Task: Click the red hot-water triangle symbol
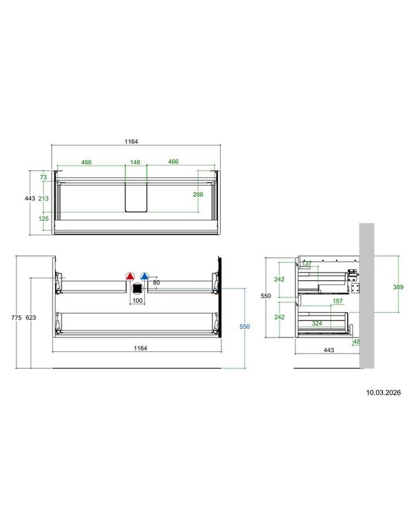[130, 276]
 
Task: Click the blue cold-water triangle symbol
[145, 276]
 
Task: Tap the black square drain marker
[137, 288]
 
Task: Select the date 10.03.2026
[383, 393]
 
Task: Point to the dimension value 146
[135, 162]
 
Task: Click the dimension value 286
[198, 195]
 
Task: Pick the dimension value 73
[43, 177]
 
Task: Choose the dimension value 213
[43, 198]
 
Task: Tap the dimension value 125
[43, 219]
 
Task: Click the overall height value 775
[17, 317]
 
